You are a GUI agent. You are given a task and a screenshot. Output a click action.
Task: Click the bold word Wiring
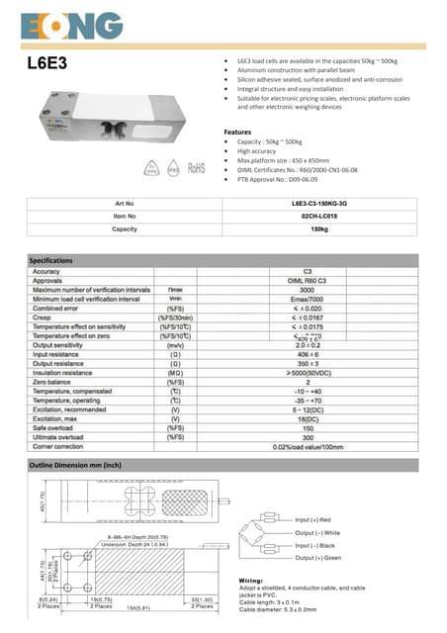pyautogui.click(x=254, y=579)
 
